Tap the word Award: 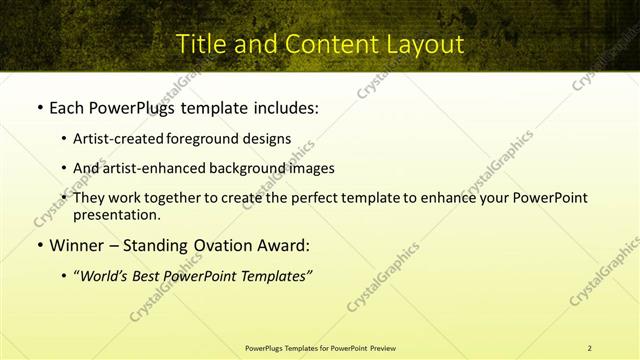pos(282,245)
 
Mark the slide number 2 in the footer pos(589,348)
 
